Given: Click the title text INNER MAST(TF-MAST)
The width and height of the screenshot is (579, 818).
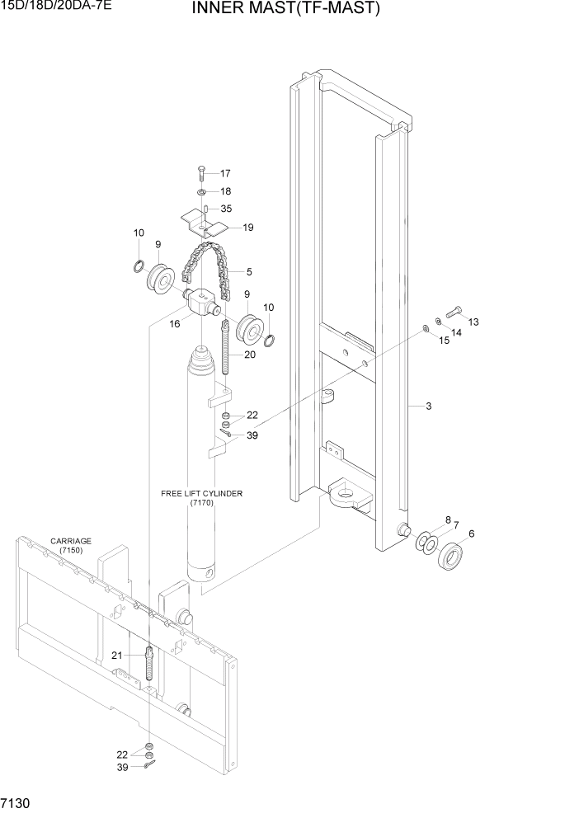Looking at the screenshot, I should tap(286, 10).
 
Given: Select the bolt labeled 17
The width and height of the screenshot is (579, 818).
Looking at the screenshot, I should tap(200, 174).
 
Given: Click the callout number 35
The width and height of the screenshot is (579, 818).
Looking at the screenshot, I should tap(225, 209).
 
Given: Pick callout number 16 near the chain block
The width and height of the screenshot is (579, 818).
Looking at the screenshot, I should tap(175, 325).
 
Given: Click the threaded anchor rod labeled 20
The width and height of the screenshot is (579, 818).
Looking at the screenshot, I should tap(224, 350).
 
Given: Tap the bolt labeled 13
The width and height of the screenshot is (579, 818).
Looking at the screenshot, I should tap(452, 314).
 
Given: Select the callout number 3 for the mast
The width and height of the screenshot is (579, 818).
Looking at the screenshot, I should tap(429, 406).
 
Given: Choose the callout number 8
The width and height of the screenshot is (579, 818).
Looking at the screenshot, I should tap(448, 520).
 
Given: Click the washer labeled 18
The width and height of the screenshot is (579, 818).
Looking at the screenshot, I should tap(201, 191).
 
